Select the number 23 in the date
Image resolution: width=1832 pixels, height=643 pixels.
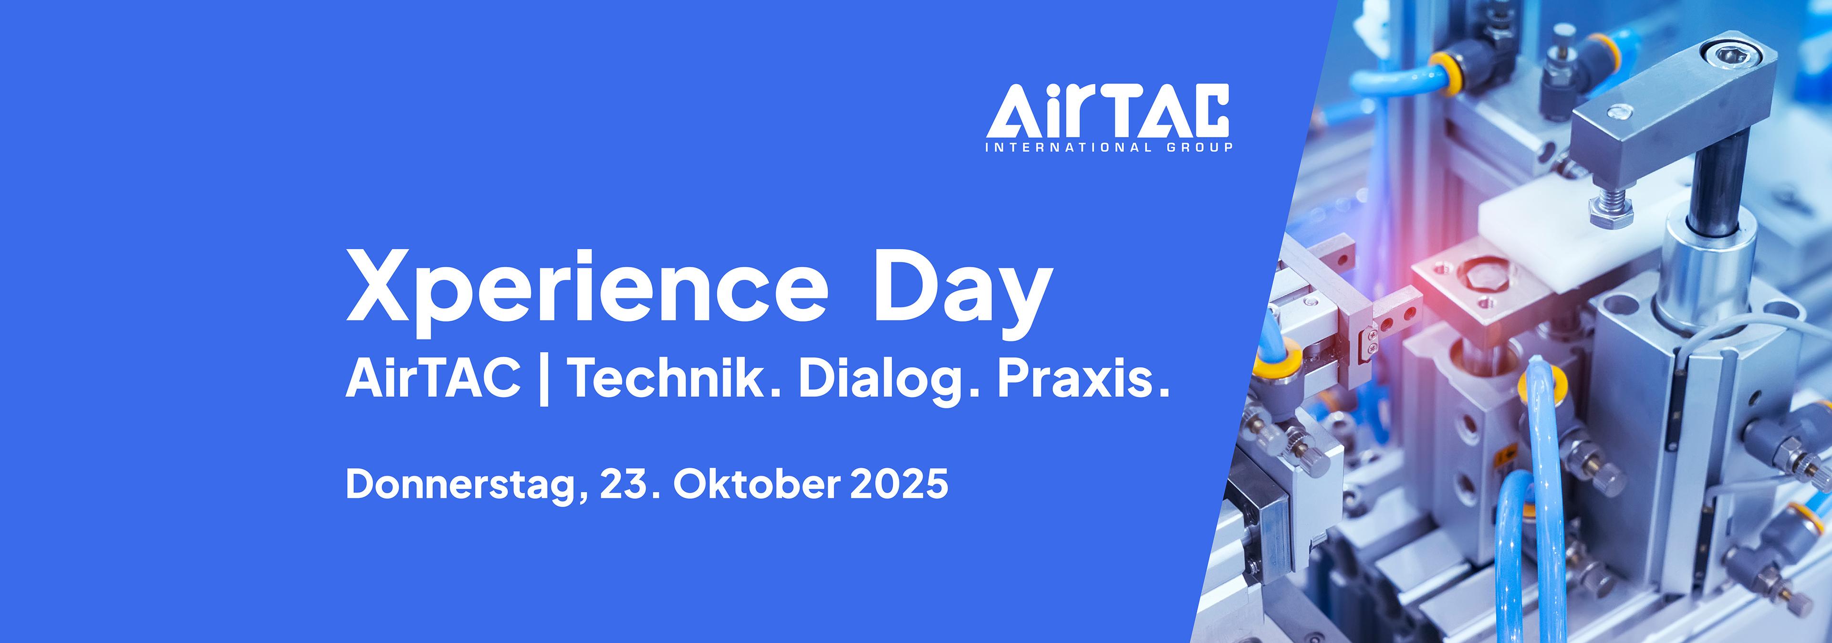(624, 485)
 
